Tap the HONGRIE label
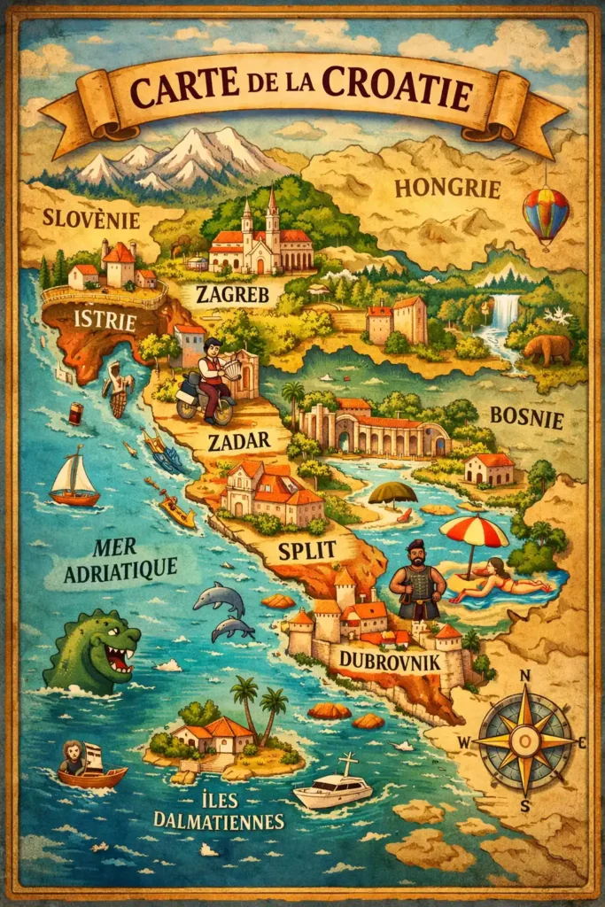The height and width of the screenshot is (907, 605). point(447,188)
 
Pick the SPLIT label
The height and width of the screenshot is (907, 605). point(306,549)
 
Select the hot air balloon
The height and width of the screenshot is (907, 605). point(546,215)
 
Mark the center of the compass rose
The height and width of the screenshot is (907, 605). point(525,740)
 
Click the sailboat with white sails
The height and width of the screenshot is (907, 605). point(74,479)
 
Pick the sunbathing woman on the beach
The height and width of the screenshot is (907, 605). point(496,582)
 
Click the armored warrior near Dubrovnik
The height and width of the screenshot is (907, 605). point(417,581)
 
